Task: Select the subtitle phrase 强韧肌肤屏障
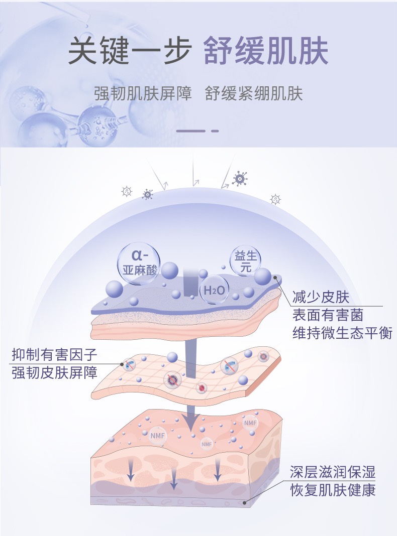tap(143, 94)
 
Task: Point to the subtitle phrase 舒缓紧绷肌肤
tap(254, 94)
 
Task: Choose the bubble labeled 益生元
tap(246, 262)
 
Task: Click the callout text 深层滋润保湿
tap(333, 472)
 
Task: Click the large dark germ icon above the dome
tap(240, 178)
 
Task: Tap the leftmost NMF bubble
tap(157, 435)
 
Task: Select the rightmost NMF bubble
tap(250, 423)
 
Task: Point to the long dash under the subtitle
tap(191, 131)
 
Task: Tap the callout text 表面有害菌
tap(328, 315)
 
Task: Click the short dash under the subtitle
tap(215, 131)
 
